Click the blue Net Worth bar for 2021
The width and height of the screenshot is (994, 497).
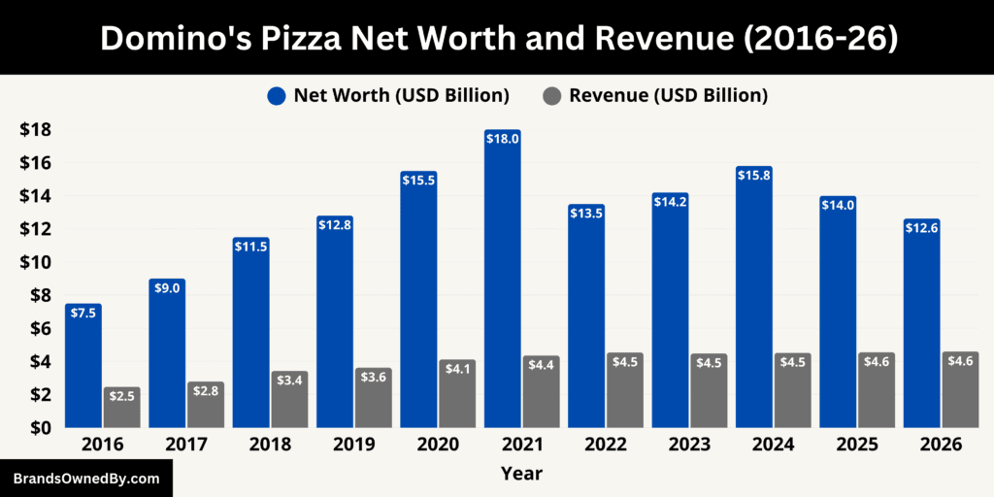tap(502, 282)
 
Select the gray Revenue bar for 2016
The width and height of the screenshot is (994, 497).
tap(122, 408)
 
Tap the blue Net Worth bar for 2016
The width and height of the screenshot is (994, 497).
tap(83, 369)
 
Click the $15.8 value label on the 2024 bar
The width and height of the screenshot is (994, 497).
tap(753, 176)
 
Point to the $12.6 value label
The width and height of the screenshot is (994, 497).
tap(921, 228)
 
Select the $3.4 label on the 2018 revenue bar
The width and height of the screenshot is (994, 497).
tap(289, 381)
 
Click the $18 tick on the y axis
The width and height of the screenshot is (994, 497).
tap(36, 130)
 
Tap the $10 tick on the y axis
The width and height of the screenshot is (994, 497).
tap(36, 262)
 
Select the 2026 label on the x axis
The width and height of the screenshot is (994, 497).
tap(941, 445)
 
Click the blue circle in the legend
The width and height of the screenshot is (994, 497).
tap(277, 95)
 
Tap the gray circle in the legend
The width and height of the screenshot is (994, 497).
tap(552, 95)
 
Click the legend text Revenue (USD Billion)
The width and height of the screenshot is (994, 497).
tap(669, 95)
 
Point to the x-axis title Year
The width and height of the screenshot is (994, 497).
tap(521, 474)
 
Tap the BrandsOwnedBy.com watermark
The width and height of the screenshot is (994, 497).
tap(85, 479)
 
